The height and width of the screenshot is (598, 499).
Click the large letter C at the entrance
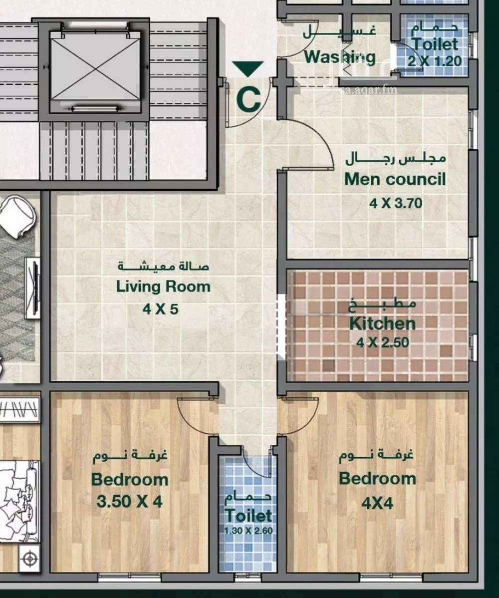coord(249,100)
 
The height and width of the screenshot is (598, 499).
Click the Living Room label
coord(163,287)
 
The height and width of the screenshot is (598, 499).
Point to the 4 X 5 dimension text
coord(161,309)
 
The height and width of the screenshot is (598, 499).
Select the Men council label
coord(395,179)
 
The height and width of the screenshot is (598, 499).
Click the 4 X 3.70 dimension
coord(396,203)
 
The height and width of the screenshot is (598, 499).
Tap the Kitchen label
coord(382,323)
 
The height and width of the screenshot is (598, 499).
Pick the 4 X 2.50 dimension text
coord(383,342)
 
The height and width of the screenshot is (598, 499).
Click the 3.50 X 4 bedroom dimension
coord(130,501)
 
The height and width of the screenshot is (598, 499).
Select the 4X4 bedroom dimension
coord(377,504)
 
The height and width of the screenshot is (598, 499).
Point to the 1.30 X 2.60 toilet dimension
coord(248,531)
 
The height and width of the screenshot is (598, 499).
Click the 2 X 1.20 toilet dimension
coord(435,60)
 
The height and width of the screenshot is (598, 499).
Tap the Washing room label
coord(340,57)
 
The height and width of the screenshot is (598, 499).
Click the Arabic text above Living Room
coord(163,266)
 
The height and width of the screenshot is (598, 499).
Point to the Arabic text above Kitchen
coord(382,305)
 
